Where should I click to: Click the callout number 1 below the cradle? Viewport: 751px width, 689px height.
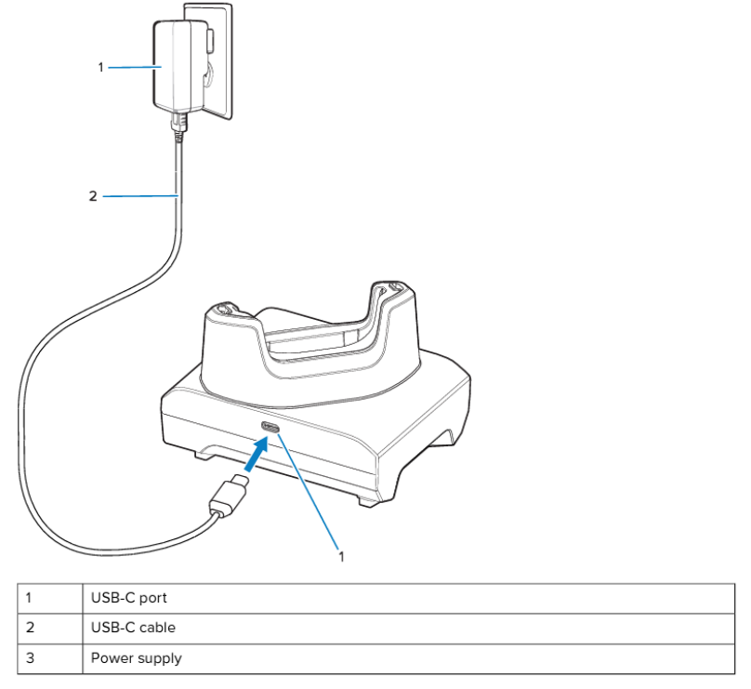point(342,556)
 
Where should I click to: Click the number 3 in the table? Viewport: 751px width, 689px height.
point(30,658)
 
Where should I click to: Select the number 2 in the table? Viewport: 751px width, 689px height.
point(30,628)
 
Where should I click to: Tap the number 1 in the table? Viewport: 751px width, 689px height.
point(29,598)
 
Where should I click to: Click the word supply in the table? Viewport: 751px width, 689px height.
point(161,659)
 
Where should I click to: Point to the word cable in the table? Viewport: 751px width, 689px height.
point(157,628)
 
